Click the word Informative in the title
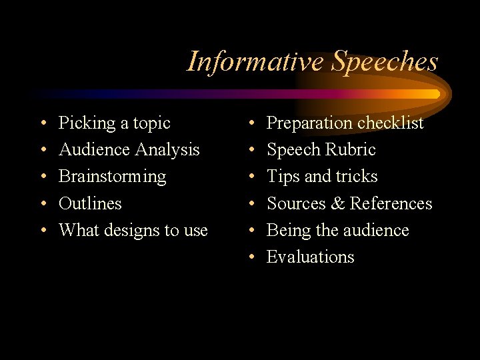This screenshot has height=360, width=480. [255, 61]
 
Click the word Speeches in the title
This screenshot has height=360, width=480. [385, 61]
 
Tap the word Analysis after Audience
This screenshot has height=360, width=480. [167, 151]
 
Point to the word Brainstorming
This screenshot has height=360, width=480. [112, 177]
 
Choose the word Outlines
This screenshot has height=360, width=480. [90, 203]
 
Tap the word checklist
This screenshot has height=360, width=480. [391, 123]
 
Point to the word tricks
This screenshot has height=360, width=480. [357, 177]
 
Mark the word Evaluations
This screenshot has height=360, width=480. [310, 257]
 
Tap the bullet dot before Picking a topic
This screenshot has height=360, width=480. [43, 124]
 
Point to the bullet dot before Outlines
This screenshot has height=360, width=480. [43, 204]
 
